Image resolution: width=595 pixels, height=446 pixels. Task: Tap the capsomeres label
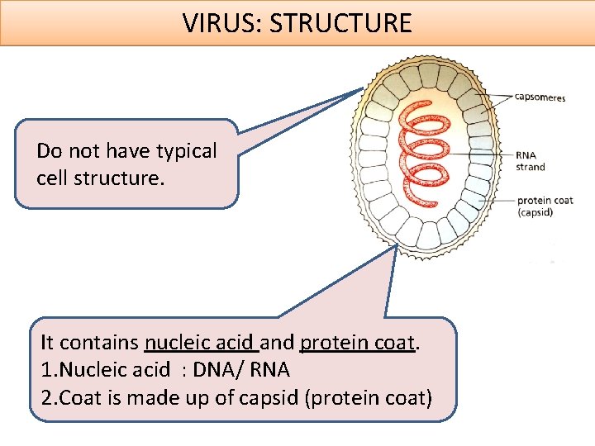540,97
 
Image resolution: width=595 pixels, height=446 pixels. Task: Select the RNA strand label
530,161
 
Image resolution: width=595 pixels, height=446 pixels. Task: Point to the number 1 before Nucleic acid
45,369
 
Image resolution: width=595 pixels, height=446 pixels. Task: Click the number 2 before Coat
46,397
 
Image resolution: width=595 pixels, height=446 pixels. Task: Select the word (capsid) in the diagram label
535,212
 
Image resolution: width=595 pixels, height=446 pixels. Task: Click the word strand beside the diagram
531,167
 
